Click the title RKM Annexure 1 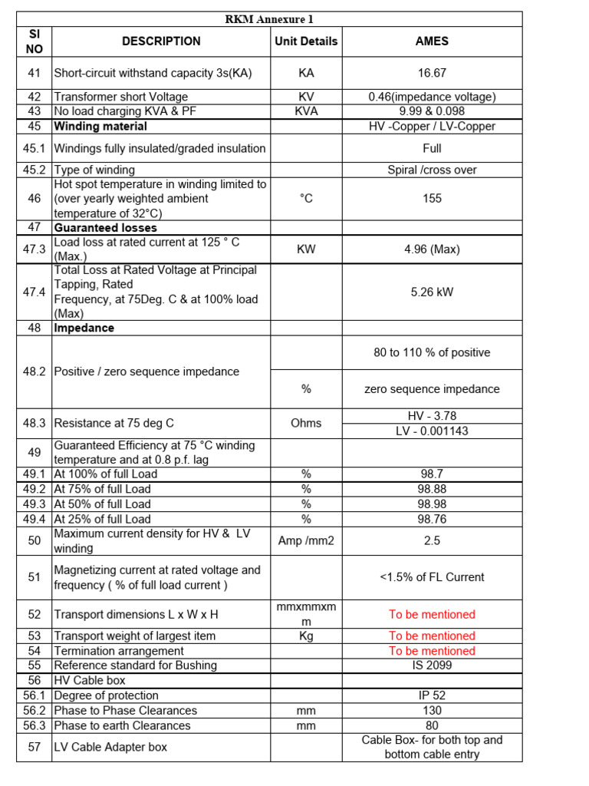click(x=268, y=19)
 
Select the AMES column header click(x=432, y=41)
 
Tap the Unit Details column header click(x=306, y=41)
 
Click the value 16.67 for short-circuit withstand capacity click(x=432, y=74)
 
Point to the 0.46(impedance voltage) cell click(x=432, y=97)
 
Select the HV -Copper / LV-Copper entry click(x=432, y=126)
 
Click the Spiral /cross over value click(x=432, y=170)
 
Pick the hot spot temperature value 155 click(x=432, y=199)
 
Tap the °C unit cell click(x=306, y=199)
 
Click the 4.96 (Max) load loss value click(x=432, y=249)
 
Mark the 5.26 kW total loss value click(x=432, y=292)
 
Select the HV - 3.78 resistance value click(x=432, y=415)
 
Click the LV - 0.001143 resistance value click(x=432, y=431)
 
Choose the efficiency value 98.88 click(x=432, y=489)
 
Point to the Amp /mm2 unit click(x=306, y=541)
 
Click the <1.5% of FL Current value click(x=432, y=577)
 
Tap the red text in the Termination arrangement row click(x=432, y=651)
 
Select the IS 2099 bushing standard click(x=432, y=665)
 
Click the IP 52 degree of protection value click(x=432, y=695)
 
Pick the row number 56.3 click(x=34, y=725)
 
